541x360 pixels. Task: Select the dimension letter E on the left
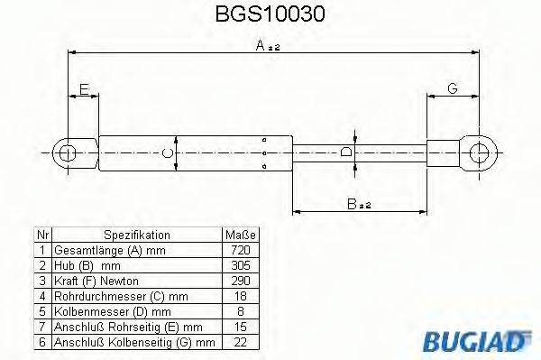[x=84, y=89]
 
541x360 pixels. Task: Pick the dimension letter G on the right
[x=452, y=88]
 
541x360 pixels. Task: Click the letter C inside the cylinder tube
[x=167, y=154]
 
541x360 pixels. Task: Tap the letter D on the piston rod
[x=347, y=152]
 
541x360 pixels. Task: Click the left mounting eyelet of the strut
[x=66, y=153]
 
